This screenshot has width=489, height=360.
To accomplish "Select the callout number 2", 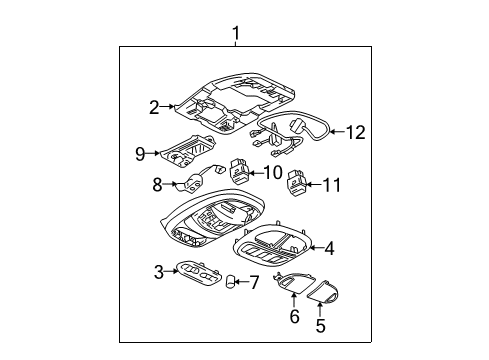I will pos(154,107).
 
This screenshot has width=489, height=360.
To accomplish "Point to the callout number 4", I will pos(329,247).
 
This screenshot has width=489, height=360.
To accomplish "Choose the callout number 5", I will pos(320,325).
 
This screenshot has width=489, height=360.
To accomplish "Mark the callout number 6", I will pos(293,317).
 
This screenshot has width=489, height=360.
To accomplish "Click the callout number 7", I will pos(254,283).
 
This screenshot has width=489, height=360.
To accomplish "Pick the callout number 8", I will pos(157,184).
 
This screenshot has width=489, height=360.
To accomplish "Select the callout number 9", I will pos(142,153).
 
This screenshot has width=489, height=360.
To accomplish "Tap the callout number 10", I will pos(271,172).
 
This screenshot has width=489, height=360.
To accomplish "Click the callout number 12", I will pos(356,131).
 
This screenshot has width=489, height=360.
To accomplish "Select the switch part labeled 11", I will pos(297,184).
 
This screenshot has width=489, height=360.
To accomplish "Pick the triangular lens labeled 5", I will pos(323,293).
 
